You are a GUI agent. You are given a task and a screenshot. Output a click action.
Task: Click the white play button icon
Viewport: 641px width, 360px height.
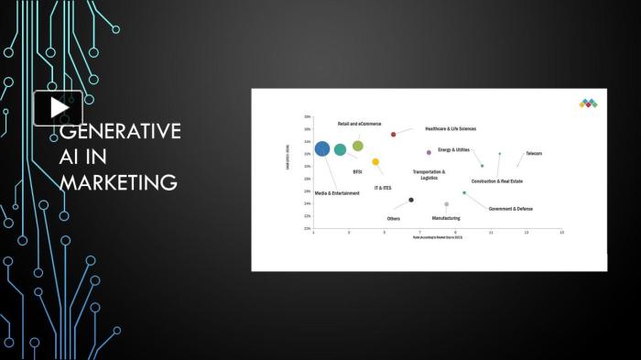coord(59,107)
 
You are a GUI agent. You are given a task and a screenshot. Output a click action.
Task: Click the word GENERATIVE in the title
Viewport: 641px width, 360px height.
coord(120,132)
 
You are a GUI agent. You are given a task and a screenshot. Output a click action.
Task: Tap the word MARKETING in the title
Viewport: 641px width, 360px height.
coord(118,182)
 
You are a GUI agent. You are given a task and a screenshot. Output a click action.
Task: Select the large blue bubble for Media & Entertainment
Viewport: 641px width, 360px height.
coord(321,148)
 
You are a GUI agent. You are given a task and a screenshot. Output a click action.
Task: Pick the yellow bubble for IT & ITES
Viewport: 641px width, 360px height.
coord(375,162)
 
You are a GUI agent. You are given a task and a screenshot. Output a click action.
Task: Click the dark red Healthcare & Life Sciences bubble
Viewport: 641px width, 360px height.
coord(394,134)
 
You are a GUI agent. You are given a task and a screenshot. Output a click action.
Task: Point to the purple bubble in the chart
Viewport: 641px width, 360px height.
coord(429,152)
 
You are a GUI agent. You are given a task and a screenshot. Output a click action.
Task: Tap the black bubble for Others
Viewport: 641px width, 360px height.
coord(411,200)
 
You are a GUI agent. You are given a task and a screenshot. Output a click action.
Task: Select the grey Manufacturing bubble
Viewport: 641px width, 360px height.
coord(447,204)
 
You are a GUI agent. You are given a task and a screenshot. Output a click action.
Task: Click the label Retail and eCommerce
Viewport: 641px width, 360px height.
coord(359,124)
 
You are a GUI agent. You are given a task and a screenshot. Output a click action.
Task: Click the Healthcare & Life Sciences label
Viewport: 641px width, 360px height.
coord(451,129)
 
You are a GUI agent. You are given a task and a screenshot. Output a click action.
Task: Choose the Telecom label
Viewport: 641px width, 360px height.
coord(534,153)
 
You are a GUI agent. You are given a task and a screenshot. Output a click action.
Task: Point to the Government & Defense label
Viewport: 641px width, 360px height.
coord(510,209)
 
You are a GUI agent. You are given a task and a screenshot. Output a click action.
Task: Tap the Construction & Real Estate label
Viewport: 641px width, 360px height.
coord(497,181)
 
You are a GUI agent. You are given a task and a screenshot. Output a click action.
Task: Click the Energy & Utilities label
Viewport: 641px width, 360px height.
coord(453,149)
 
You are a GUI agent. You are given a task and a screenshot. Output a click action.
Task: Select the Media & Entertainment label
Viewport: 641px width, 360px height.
coord(337,193)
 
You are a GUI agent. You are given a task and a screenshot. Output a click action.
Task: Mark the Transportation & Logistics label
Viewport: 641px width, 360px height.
coord(429,174)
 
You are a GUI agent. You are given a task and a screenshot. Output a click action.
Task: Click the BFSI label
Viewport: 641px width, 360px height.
coord(357,171)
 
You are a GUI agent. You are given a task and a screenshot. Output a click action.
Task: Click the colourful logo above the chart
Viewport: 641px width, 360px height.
coord(587,104)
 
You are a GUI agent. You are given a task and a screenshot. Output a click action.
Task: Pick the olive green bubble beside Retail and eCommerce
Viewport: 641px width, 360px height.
coord(358,146)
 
